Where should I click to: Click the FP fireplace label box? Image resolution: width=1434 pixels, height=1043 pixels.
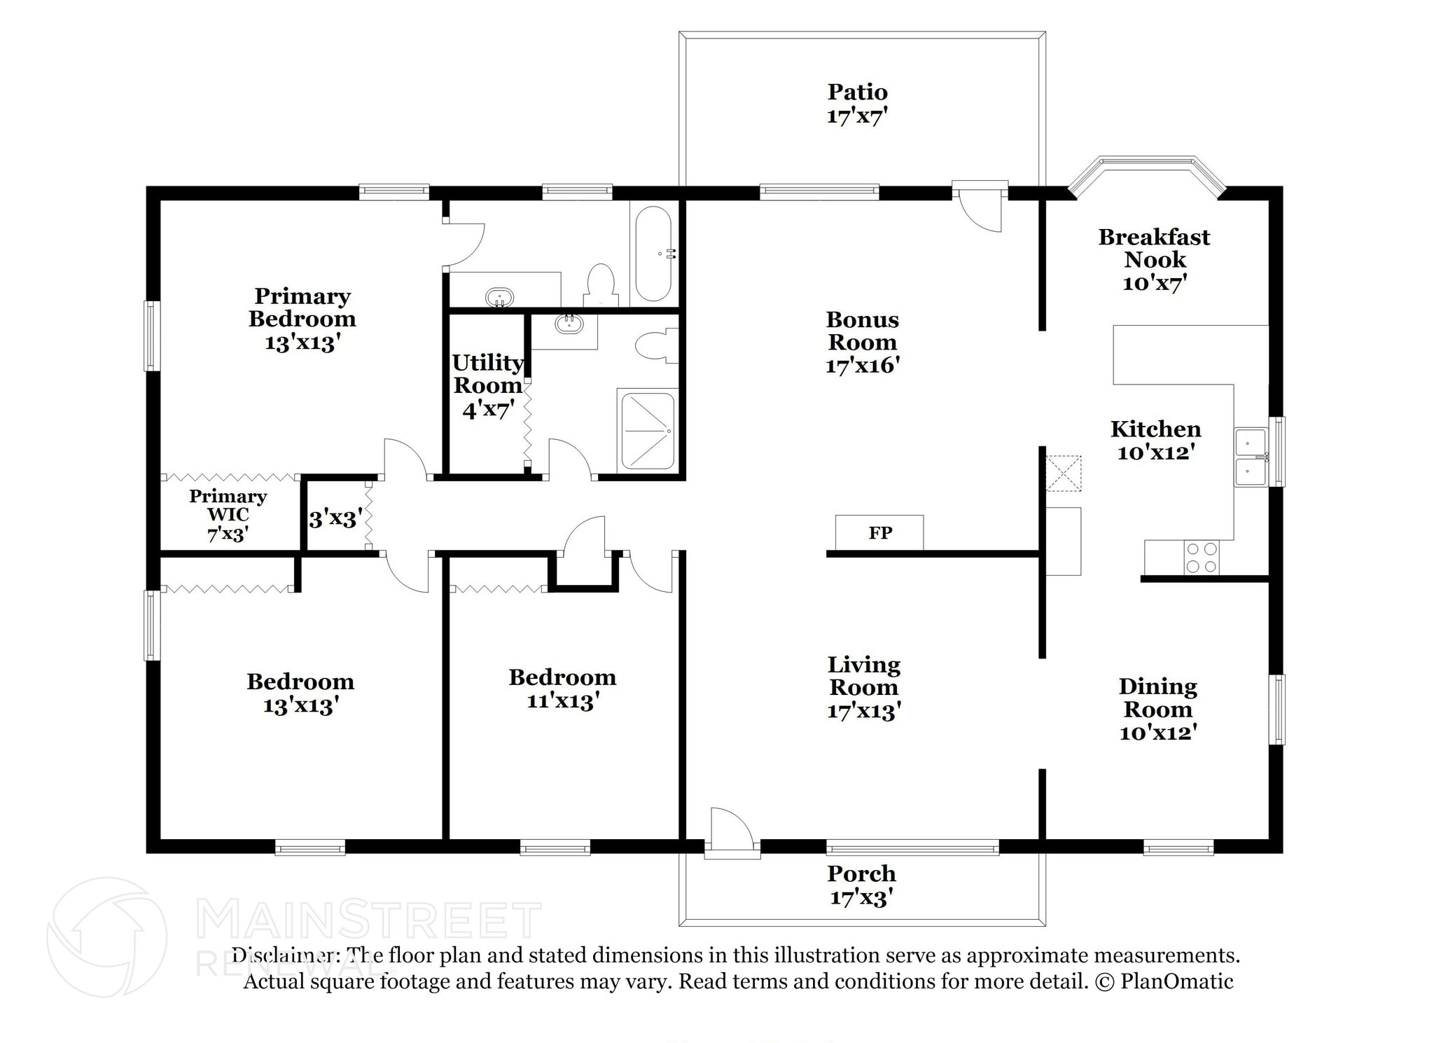879,533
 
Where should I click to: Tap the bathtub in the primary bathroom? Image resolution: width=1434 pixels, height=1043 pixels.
653,254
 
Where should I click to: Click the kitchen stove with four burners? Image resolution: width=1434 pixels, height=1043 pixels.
1202,558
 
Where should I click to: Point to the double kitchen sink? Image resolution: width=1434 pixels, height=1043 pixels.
1250,457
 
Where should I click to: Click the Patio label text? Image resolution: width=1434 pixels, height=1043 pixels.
857,92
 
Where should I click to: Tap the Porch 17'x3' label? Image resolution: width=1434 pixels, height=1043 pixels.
861,885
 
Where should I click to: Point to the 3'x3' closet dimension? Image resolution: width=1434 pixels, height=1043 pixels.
335,518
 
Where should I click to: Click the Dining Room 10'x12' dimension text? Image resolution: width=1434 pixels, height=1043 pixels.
1158,733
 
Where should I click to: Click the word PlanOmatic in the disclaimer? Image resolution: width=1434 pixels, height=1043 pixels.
1176,981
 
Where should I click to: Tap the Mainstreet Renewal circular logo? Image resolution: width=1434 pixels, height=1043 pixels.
106,937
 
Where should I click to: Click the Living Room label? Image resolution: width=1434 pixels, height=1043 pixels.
863,676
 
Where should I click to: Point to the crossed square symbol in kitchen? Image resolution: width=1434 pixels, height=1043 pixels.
1063,473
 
